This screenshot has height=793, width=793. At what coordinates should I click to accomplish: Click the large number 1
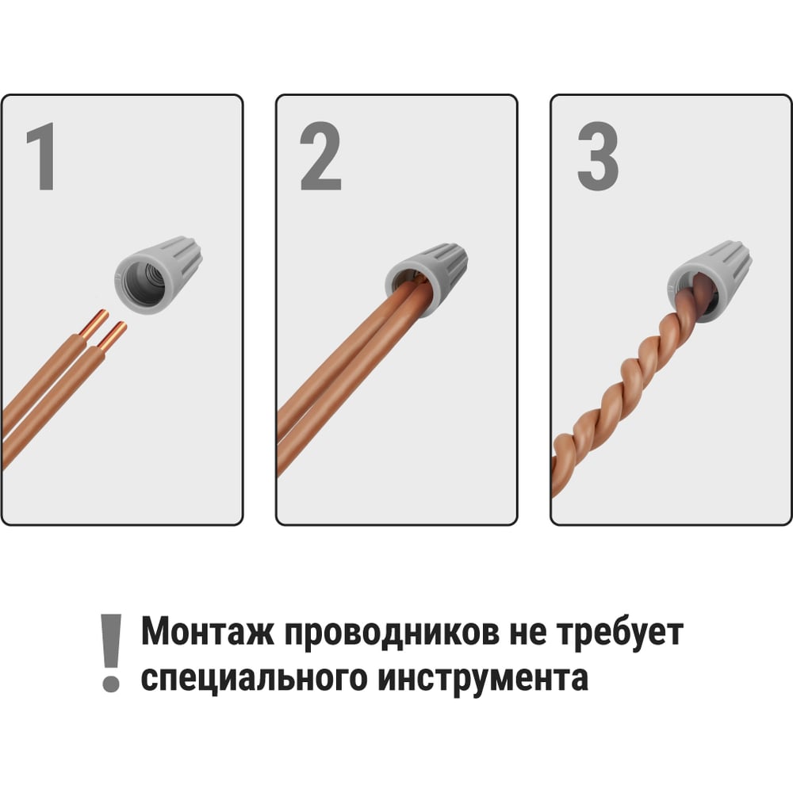pos(41,156)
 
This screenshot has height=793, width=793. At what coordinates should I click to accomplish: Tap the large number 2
pos(320,156)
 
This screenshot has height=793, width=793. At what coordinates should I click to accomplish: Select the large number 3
pos(598,156)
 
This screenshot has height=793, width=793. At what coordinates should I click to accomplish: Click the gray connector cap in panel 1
pos(158,274)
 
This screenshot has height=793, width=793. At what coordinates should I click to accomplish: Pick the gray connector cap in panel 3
pos(708,281)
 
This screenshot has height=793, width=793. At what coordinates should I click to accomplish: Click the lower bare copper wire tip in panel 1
pos(113,337)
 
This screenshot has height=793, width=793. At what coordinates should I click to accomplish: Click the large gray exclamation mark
pos(111,653)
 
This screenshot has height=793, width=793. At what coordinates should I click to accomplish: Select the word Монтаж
pos(207,632)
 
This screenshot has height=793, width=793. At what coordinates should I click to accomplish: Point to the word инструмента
pos(483,680)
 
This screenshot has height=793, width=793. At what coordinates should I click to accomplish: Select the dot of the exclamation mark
pos(111,684)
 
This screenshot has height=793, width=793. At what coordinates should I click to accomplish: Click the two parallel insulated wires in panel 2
pos(349,379)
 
